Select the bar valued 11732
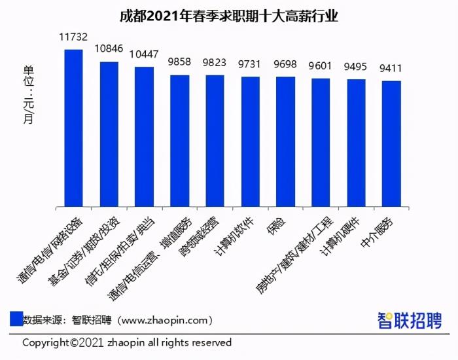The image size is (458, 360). [73, 128]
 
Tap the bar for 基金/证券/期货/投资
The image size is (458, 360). [109, 134]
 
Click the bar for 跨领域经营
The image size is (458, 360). [215, 141]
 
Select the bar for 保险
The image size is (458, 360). [285, 141]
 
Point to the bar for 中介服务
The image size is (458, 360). [391, 143]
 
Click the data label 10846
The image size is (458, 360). [109, 49]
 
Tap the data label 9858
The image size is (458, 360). [179, 62]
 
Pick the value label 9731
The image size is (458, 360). [250, 63]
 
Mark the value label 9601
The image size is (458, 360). [321, 65]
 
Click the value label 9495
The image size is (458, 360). [356, 66]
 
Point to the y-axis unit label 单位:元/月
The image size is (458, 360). [27, 94]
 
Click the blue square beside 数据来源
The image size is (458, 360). [16, 319]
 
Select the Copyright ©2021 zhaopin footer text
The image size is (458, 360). [127, 342]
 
